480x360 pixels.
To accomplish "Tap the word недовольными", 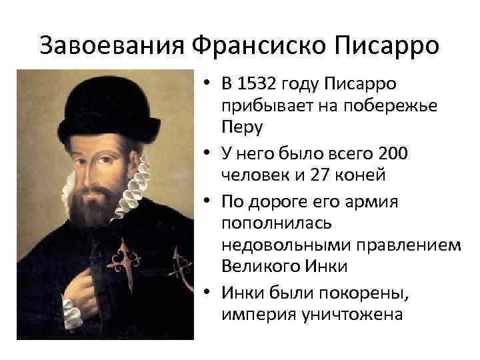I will point(282,244).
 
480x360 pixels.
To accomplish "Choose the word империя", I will point(258,313).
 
